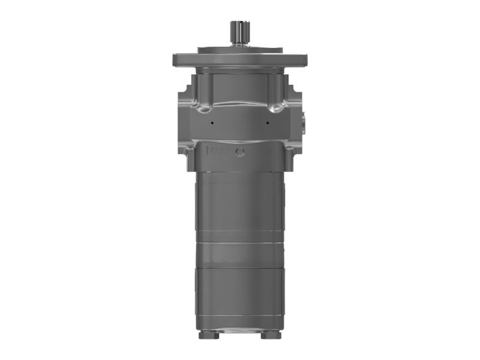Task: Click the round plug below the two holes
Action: click(x=240, y=152)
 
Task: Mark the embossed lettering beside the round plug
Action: click(x=215, y=150)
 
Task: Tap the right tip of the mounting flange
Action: click(x=305, y=60)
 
